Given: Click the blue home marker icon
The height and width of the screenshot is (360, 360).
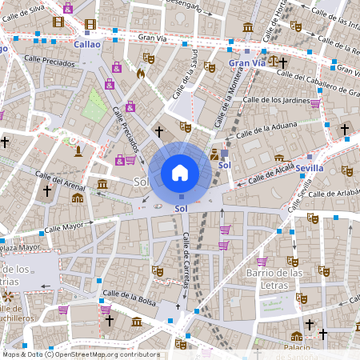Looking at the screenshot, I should [180, 173].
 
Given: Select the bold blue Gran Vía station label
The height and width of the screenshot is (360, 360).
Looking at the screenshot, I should [246, 62].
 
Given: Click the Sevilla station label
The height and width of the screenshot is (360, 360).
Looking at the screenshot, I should [309, 168].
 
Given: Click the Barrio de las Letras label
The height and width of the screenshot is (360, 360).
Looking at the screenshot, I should [274, 279].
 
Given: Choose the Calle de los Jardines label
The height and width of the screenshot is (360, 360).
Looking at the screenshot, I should [275, 100].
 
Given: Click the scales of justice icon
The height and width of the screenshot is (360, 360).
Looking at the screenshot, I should [274, 60].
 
